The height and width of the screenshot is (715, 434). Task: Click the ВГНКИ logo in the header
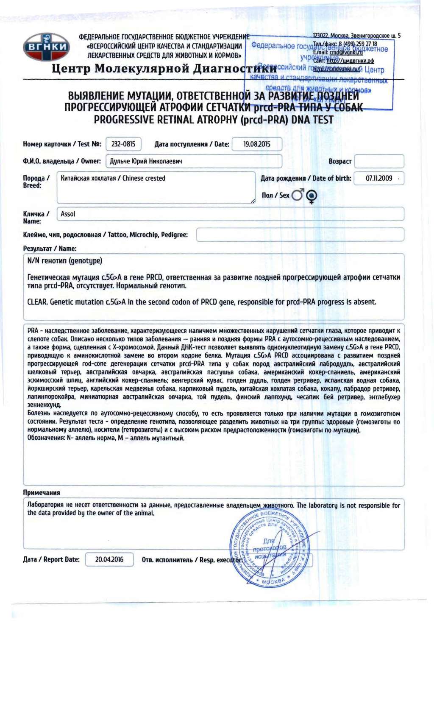(47, 47)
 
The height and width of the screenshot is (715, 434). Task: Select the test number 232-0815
(123, 144)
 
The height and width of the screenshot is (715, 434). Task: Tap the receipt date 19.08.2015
(257, 144)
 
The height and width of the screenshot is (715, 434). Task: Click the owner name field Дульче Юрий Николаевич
(146, 161)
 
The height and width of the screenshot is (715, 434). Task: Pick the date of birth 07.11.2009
(379, 178)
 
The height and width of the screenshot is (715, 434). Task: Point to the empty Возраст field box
(379, 161)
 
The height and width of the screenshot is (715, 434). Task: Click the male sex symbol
(298, 195)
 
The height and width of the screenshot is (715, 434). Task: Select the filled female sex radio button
(312, 196)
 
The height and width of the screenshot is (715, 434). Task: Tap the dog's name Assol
(68, 214)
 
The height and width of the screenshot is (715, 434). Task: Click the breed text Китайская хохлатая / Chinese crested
(113, 178)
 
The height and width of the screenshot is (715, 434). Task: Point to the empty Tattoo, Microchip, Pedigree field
(300, 235)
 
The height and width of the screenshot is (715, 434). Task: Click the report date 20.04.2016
(109, 559)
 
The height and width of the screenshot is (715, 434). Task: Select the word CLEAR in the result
(37, 302)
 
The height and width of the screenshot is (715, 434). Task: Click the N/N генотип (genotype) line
(65, 261)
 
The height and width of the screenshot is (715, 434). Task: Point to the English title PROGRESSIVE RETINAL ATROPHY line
(214, 120)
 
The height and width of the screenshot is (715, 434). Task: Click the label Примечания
(42, 492)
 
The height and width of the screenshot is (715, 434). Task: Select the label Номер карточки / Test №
(62, 144)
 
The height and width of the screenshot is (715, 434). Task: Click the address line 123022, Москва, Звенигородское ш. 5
(356, 36)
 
